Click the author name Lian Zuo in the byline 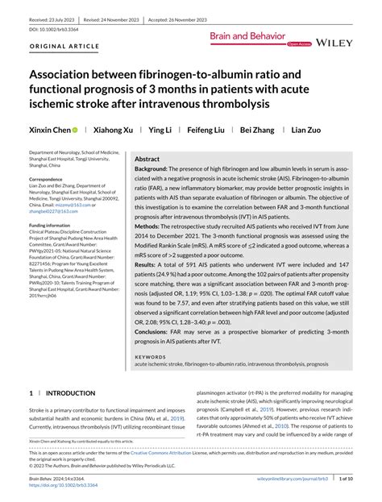point(307,130)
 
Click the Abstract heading point(147,160)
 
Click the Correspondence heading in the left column point(51,179)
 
